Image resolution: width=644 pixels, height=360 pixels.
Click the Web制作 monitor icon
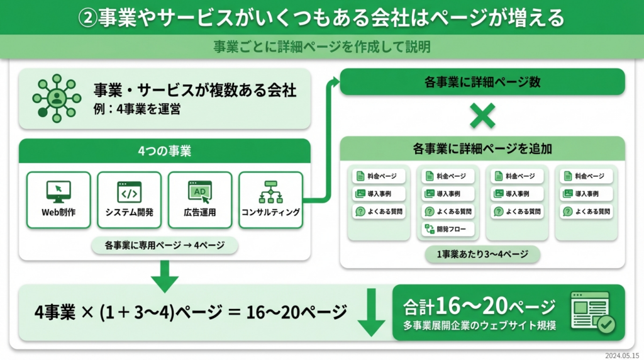(x=58, y=191)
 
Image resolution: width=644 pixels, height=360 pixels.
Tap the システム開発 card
(x=130, y=200)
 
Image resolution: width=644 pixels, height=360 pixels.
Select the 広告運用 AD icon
(x=200, y=191)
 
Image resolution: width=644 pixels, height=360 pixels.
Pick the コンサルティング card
(x=270, y=200)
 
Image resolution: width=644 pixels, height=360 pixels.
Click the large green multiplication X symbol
(x=482, y=115)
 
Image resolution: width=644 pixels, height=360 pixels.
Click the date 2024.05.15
(x=623, y=355)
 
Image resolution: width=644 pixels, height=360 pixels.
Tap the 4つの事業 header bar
(x=165, y=151)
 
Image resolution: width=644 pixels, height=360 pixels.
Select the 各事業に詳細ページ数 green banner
(x=482, y=82)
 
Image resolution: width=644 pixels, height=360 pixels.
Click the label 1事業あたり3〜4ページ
(x=482, y=254)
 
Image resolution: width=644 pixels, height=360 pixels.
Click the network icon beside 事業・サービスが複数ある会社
(x=57, y=99)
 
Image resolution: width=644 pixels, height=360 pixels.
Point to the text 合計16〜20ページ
(x=479, y=307)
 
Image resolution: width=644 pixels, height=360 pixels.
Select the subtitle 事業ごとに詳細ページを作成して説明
(x=321, y=47)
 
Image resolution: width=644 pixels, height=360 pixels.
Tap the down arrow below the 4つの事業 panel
(x=165, y=277)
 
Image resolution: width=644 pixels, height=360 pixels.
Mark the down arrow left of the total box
(x=371, y=312)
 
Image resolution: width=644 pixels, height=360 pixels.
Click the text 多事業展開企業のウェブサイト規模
(x=479, y=327)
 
